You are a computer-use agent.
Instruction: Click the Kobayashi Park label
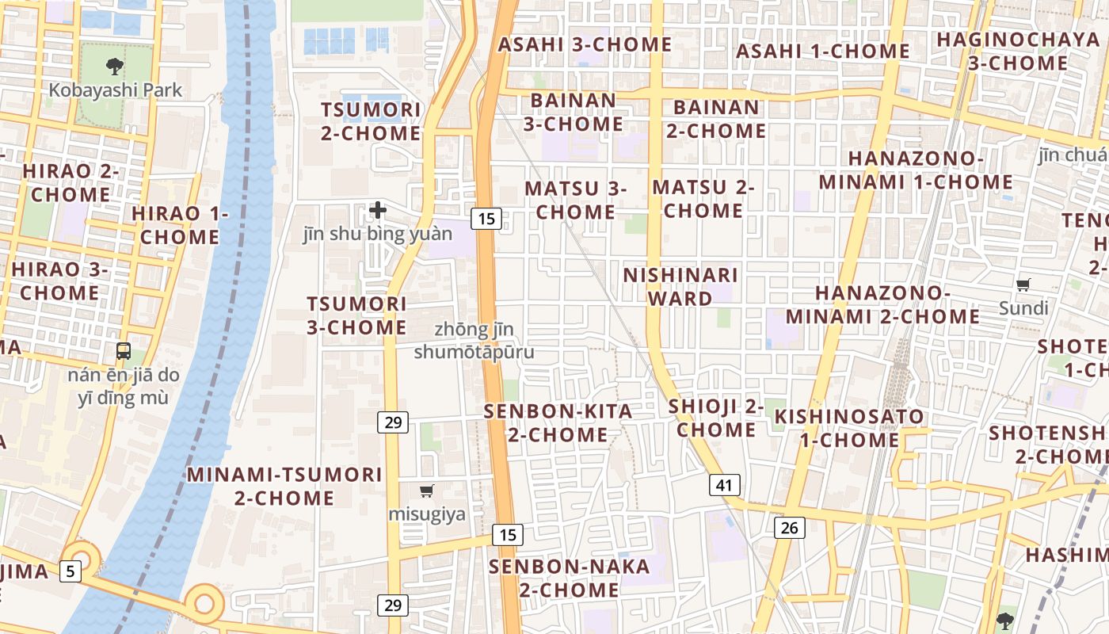pyautogui.click(x=116, y=90)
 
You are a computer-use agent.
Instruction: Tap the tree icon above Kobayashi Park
pyautogui.click(x=115, y=67)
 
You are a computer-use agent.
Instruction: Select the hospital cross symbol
pyautogui.click(x=378, y=210)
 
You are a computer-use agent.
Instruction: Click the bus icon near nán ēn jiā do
pyautogui.click(x=124, y=350)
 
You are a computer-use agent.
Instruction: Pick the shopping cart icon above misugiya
pyautogui.click(x=427, y=491)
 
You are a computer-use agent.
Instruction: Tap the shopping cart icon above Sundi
pyautogui.click(x=1023, y=285)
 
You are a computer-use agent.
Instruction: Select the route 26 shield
pyautogui.click(x=789, y=527)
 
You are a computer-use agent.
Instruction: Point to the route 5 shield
pyautogui.click(x=71, y=570)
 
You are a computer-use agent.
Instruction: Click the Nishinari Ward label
pyautogui.click(x=680, y=287)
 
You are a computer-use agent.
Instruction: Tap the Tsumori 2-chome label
pyautogui.click(x=371, y=121)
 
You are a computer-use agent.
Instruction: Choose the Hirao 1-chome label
pyautogui.click(x=180, y=225)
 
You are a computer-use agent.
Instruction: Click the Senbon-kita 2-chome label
pyautogui.click(x=558, y=422)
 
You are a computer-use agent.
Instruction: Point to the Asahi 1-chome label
pyautogui.click(x=823, y=52)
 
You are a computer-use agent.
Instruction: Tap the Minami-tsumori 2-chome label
pyautogui.click(x=284, y=486)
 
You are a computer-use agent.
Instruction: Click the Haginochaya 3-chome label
pyautogui.click(x=1018, y=51)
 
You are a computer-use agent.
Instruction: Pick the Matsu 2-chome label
pyautogui.click(x=703, y=199)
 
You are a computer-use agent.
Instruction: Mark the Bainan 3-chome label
pyautogui.click(x=573, y=113)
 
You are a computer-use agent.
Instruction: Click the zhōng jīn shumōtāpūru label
pyautogui.click(x=474, y=340)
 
